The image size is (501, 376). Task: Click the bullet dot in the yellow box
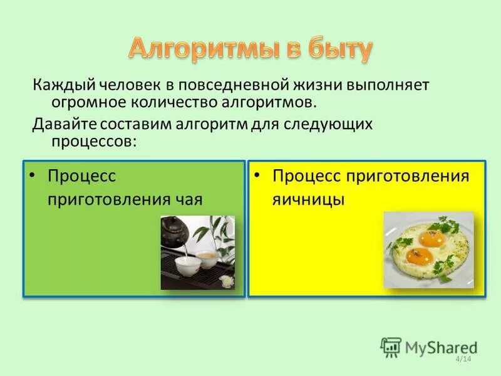pos(257,175)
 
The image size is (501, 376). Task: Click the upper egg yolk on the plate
pos(430,238)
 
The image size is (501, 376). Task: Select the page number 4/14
pos(463,359)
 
